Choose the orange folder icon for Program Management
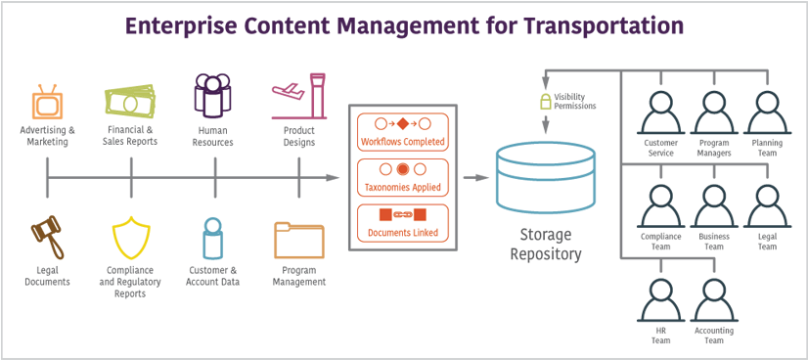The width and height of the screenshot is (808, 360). tap(298, 240)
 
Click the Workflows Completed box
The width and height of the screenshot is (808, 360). tap(402, 131)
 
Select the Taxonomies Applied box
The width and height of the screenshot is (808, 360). tap(402, 177)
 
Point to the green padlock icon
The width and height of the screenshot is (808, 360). tap(544, 101)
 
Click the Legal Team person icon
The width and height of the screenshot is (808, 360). tap(767, 205)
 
